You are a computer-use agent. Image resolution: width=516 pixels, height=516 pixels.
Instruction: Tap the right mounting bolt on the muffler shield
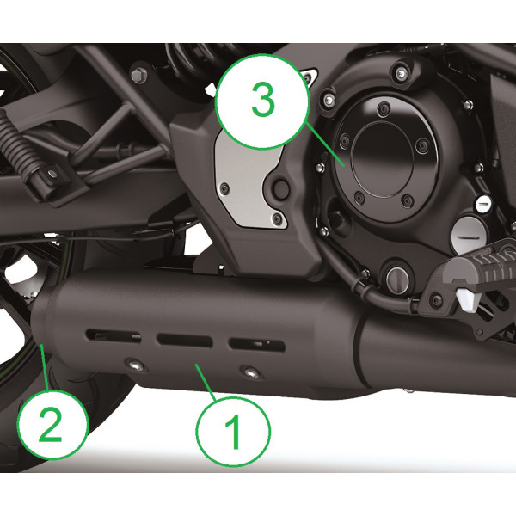pos(249,372)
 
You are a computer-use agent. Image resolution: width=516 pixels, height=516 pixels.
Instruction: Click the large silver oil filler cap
pos(469,229)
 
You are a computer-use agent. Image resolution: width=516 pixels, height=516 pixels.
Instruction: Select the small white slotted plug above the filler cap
pos(483,205)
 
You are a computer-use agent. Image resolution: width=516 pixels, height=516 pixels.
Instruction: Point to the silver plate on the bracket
pos(245,181)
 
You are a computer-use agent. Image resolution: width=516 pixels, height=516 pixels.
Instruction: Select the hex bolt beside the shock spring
pos(138,76)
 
